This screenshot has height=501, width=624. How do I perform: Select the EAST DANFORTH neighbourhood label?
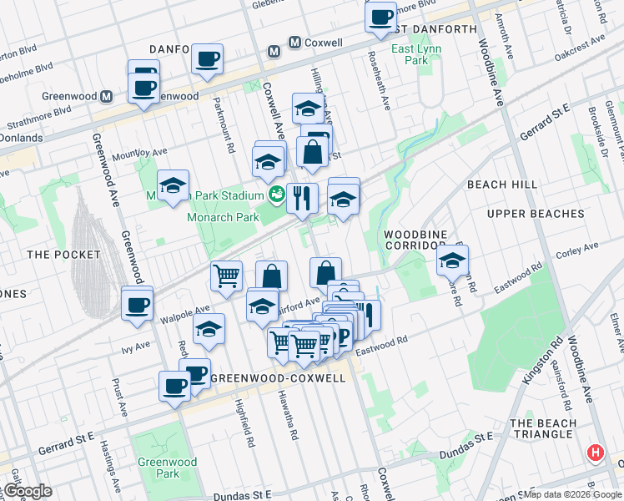coord(432,29)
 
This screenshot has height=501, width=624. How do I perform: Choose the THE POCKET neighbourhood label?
coord(63,254)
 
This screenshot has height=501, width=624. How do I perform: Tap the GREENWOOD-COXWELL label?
coord(278,378)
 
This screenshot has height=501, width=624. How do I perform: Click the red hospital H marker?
coord(595,453)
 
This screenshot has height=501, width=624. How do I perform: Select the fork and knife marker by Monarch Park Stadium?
coord(302,198)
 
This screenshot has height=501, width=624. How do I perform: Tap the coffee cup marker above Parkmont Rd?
coord(207,58)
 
